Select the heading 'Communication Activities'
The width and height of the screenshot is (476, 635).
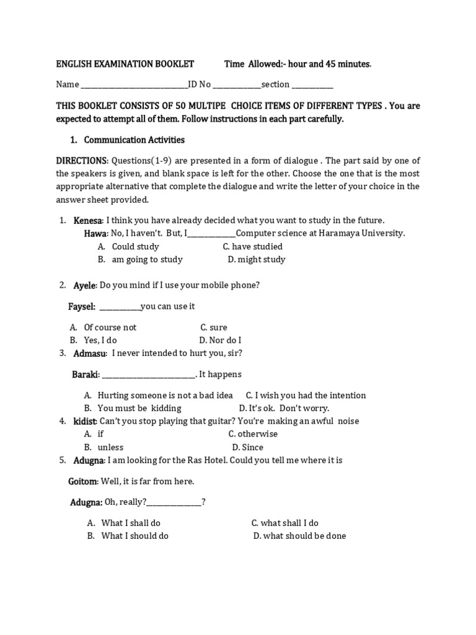click(134, 140)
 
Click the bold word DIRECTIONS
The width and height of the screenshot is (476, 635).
click(82, 161)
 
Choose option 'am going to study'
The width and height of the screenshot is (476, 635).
click(147, 259)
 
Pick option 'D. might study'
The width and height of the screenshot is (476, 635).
click(256, 259)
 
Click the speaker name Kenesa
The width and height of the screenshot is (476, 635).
click(89, 220)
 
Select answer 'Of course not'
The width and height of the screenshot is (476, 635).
click(110, 327)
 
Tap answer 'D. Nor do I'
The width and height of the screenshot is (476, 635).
click(220, 340)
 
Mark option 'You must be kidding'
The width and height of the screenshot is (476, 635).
click(139, 408)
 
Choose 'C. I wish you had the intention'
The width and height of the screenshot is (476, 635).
click(306, 395)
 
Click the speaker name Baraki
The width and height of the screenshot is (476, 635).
click(86, 375)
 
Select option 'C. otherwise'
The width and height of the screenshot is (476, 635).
click(253, 434)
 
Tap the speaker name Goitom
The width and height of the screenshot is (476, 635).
click(82, 481)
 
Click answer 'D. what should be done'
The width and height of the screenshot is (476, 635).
click(299, 536)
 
